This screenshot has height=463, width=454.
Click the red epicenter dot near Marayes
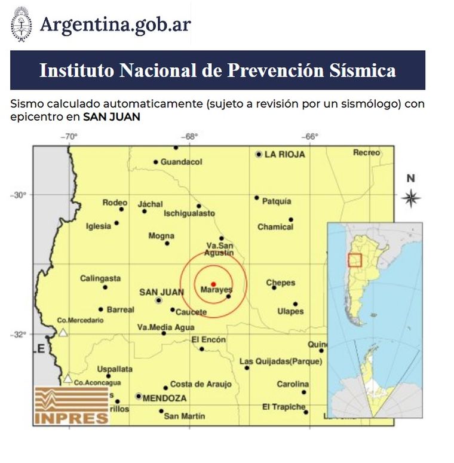213,284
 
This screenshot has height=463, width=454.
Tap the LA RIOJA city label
284,154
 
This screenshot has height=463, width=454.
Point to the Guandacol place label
182,162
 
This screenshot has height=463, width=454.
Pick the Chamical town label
275,227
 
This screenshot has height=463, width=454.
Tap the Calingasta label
100,278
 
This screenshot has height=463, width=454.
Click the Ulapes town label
290,311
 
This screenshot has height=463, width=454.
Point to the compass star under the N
410,198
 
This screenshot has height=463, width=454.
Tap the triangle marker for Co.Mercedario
63,332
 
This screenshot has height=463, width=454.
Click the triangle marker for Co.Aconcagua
68,378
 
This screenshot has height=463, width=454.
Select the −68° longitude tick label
190,137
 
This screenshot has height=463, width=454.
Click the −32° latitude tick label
20,334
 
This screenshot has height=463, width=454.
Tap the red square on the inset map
355,260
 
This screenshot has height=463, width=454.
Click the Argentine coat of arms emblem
22,24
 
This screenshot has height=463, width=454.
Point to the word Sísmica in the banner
363,70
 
